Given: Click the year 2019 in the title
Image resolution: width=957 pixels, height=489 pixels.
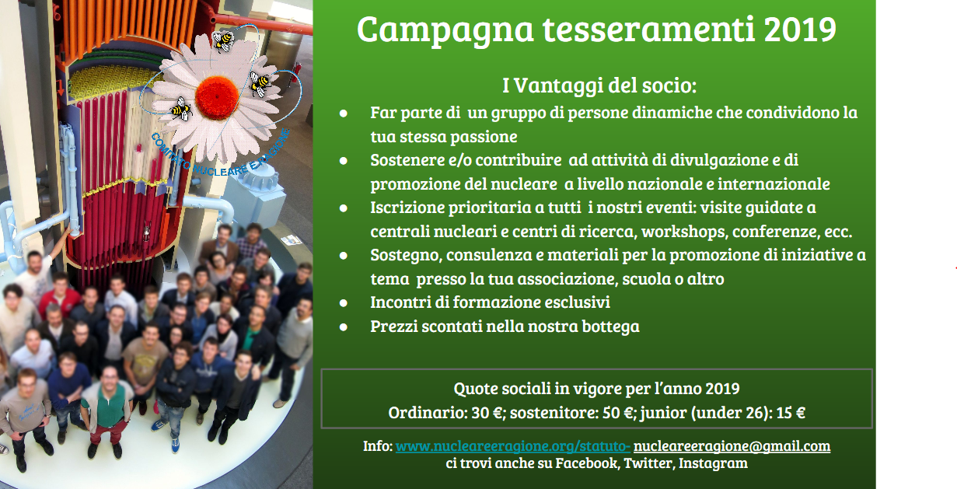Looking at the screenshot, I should point(801,30).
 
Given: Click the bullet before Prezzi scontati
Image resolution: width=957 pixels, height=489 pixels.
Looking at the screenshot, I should point(344,327).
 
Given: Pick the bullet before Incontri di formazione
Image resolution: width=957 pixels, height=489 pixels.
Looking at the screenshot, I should point(344,303).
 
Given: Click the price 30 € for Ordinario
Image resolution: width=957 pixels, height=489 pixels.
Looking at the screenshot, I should point(484,412).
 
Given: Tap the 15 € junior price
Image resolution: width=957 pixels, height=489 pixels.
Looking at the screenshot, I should point(790,412).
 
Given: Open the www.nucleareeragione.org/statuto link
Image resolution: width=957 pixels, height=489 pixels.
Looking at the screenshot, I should point(513,446).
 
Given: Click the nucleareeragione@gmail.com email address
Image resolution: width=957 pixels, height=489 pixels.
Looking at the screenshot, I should point(732,446).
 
